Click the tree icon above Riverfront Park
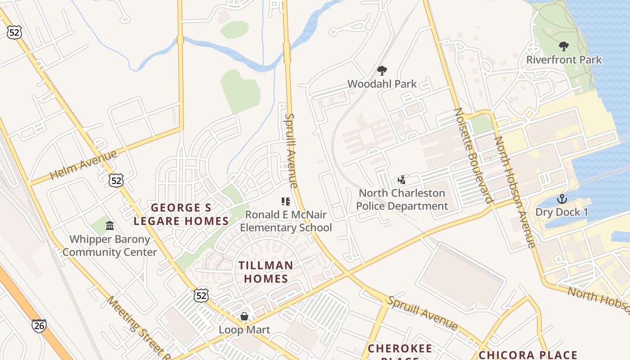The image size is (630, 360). pos(563,46)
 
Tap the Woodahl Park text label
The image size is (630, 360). pos(382,84)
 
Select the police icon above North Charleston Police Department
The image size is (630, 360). pos(402,180)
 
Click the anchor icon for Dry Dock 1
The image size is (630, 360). pos(562,199)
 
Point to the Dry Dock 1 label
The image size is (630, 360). pos(562,212)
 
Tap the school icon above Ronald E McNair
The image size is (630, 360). pos(285,202)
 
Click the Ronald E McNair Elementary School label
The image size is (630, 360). pos(286,221)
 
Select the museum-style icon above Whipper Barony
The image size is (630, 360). pos(109,226)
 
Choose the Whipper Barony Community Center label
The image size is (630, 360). pos(109,246)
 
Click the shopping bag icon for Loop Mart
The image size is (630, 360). pos(244,316)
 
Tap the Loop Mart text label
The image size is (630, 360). pos(244,330)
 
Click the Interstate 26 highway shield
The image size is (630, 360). pos(39,326)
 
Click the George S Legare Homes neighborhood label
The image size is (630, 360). pos(181,214)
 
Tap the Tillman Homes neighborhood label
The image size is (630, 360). pos(266,272)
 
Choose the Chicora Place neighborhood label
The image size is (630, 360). pos(528,355)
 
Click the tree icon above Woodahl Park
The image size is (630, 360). pos(382,71)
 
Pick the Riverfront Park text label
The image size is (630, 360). pos(564,59)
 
